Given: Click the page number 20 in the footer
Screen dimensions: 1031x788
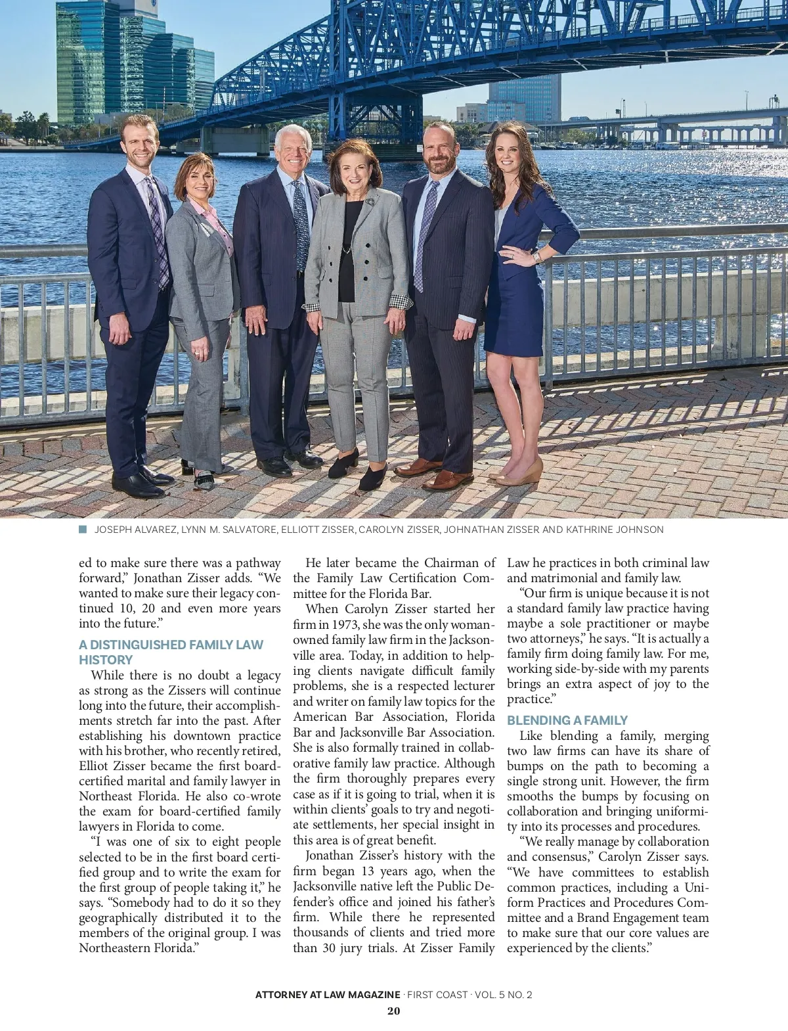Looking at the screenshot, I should (x=393, y=1011).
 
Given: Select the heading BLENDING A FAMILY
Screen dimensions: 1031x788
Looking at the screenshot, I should (x=567, y=720).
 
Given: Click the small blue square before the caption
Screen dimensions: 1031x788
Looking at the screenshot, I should (x=83, y=530).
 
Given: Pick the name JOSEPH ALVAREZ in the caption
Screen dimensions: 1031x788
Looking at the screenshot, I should (x=135, y=530).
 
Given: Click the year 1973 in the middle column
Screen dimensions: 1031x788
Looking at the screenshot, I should (x=345, y=624).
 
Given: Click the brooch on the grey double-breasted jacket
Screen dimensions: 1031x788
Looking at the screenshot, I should (x=370, y=201).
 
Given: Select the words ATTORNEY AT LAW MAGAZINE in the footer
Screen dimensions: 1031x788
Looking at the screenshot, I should (x=327, y=994).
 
